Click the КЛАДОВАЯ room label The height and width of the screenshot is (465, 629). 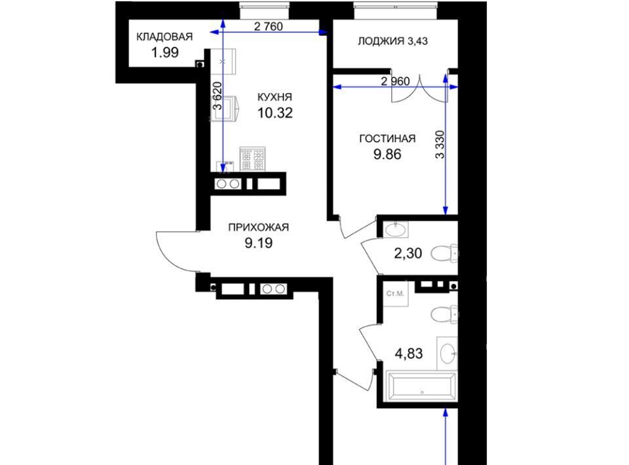[164, 37]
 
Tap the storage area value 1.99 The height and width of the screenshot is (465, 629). [165, 52]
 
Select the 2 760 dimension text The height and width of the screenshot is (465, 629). [269, 26]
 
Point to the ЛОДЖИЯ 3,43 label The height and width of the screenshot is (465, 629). [392, 41]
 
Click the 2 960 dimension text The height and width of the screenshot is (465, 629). [395, 81]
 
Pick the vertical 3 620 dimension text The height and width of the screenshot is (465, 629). [217, 96]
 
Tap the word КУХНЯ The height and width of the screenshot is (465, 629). [275, 97]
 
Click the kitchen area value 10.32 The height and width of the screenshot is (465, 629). [275, 113]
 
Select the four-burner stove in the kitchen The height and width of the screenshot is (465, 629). [252, 158]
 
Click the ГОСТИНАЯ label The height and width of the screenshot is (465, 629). [387, 139]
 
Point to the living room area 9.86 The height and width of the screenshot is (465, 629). [387, 155]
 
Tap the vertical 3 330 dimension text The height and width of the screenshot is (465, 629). [440, 145]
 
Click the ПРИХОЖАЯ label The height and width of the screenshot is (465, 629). [258, 227]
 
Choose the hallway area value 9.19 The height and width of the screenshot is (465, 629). [259, 243]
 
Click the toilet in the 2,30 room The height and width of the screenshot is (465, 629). [444, 253]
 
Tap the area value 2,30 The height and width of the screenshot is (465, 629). [408, 253]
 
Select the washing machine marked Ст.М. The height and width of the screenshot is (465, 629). [396, 294]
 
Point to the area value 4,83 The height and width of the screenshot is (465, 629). [409, 354]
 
